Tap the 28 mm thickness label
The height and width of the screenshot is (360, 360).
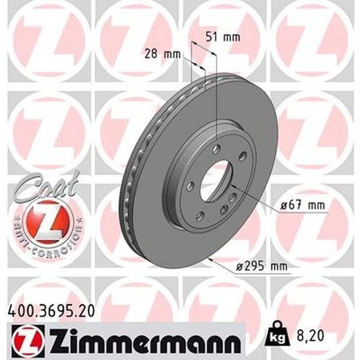163,55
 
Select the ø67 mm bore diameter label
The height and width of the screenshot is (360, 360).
305,206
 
